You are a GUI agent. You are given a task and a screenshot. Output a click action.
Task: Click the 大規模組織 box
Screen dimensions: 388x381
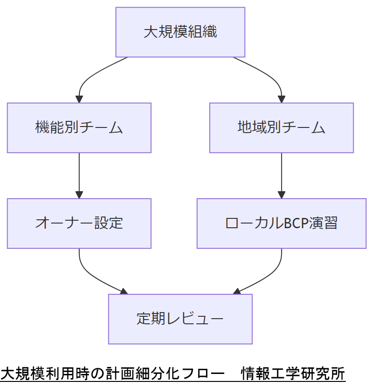pyautogui.click(x=180, y=32)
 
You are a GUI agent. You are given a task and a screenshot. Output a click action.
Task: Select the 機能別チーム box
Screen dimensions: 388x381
pyautogui.click(x=79, y=127)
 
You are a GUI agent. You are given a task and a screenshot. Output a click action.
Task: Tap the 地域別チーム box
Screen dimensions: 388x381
pyautogui.click(x=281, y=127)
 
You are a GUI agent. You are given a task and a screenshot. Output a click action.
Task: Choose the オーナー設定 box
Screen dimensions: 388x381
pyautogui.click(x=79, y=223)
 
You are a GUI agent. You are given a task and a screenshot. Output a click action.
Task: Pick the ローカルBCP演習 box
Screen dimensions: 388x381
pyautogui.click(x=281, y=223)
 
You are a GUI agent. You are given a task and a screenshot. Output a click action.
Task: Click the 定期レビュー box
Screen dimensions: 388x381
pyautogui.click(x=180, y=319)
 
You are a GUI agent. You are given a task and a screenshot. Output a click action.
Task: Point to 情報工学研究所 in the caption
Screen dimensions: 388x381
pyautogui.click(x=293, y=374)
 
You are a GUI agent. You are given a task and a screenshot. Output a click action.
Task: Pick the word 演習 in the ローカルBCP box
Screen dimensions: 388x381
pyautogui.click(x=323, y=224)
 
